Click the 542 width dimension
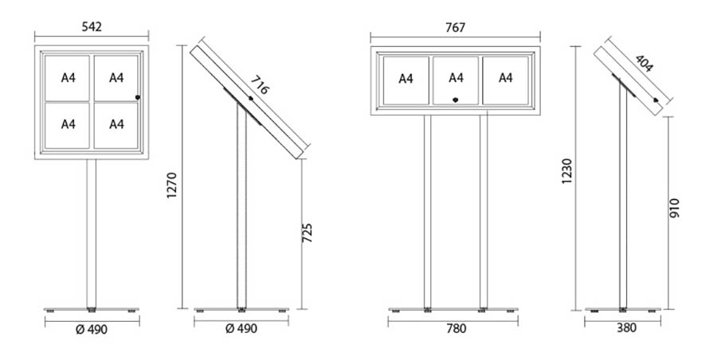click(92, 26)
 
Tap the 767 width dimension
click(455, 28)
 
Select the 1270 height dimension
click(171, 186)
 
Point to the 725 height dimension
click(308, 233)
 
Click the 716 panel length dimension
click(260, 85)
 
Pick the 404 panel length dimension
click(644, 64)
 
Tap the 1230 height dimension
click(567, 171)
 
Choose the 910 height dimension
click(675, 208)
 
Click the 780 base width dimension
click(456, 328)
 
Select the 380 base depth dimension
click(626, 328)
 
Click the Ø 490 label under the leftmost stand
click(92, 330)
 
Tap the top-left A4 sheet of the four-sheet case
click(67, 78)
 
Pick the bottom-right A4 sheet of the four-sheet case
click(116, 125)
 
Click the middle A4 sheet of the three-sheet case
click(456, 80)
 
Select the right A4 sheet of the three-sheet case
click(505, 80)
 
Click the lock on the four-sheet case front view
click(138, 97)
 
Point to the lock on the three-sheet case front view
click(456, 100)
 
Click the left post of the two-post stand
click(428, 211)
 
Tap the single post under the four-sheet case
click(92, 233)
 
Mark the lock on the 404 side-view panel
click(656, 100)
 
